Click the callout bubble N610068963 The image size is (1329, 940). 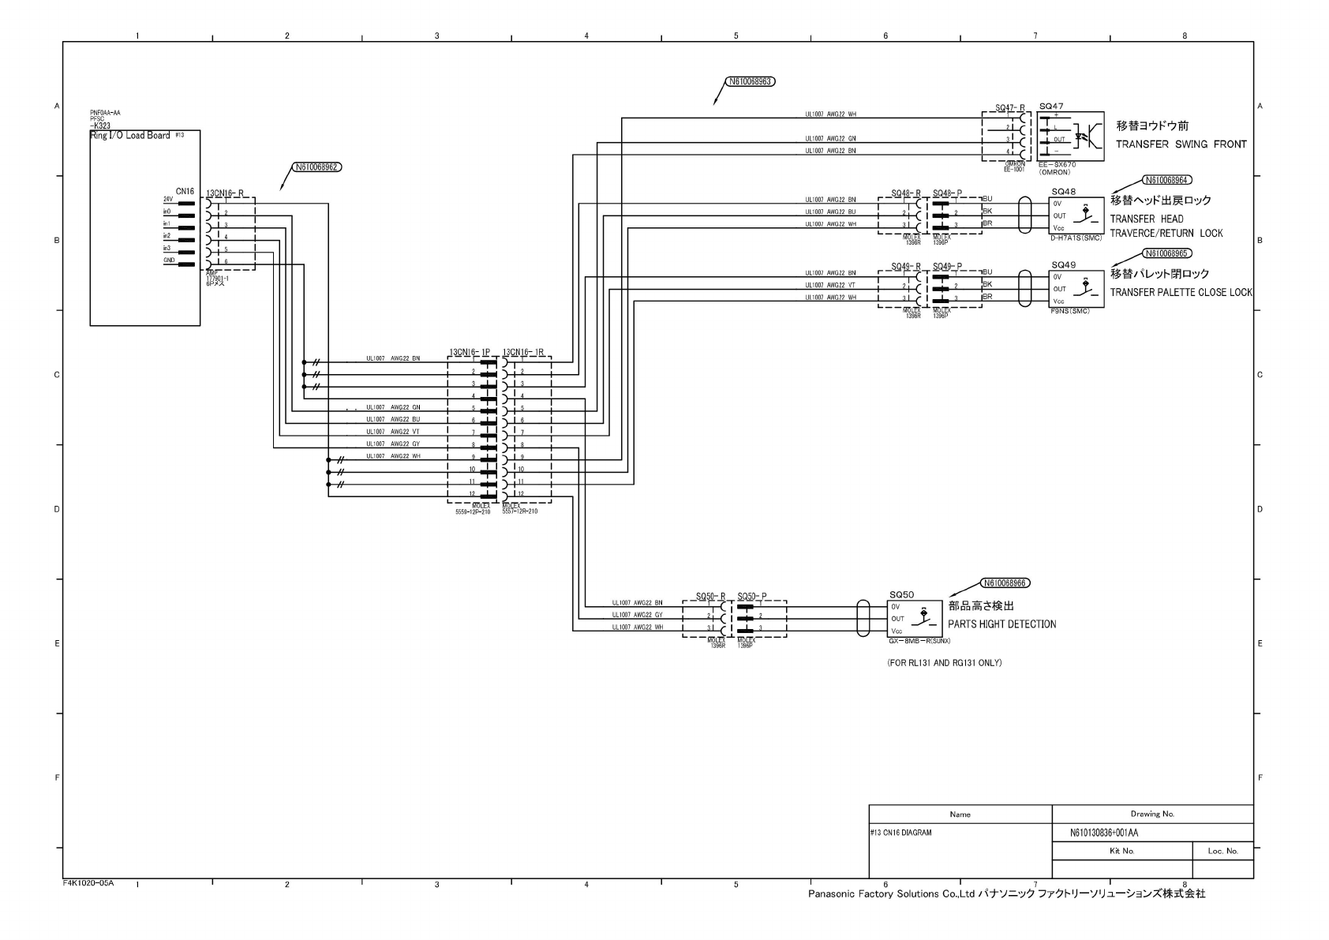click(x=751, y=81)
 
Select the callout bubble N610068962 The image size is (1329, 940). click(x=317, y=167)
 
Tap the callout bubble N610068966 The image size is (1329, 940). click(x=1005, y=583)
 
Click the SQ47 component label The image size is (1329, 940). click(x=1051, y=107)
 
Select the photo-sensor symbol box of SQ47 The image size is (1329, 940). click(x=1071, y=137)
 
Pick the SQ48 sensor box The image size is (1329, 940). click(x=1076, y=215)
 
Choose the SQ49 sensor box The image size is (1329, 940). click(x=1076, y=289)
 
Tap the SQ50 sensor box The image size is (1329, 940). click(x=915, y=619)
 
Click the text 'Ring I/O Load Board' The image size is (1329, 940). click(x=129, y=136)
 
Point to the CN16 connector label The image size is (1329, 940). click(x=185, y=191)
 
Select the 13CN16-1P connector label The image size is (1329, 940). click(x=470, y=352)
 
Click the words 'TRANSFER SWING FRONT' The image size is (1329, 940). click(x=1181, y=144)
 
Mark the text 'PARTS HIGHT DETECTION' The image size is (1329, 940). click(x=1001, y=624)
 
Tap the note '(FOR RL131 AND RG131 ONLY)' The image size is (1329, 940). click(x=944, y=663)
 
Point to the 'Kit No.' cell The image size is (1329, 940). click(x=1121, y=851)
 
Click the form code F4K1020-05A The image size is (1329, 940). click(x=88, y=883)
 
